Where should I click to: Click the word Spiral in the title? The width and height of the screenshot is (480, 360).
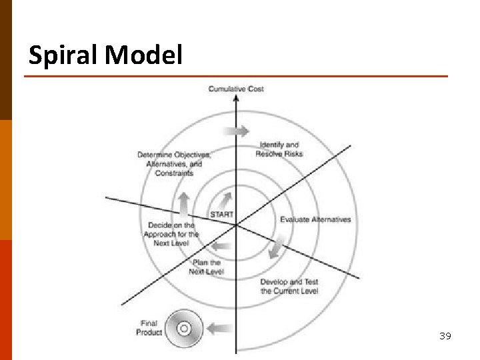(x=63, y=55)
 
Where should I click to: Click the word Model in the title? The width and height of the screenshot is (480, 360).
(x=143, y=55)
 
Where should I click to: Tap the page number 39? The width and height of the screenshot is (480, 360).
(x=445, y=336)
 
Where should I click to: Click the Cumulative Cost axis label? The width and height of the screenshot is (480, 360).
(x=236, y=89)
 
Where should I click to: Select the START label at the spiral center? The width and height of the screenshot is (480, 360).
(x=222, y=215)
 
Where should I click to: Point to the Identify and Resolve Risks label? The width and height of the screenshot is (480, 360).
(x=279, y=149)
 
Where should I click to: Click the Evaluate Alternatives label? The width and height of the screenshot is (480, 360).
(x=315, y=219)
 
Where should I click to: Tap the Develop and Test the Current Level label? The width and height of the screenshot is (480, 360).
(x=289, y=286)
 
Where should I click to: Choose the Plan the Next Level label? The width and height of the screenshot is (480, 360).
(x=206, y=267)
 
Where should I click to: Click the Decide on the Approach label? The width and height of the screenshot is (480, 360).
(x=171, y=234)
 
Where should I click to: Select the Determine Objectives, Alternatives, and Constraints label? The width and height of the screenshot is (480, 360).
(x=174, y=164)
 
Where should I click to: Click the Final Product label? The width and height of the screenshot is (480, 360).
(x=149, y=328)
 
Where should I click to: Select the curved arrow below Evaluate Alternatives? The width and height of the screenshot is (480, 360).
(x=274, y=249)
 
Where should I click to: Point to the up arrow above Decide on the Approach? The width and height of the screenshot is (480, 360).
(x=185, y=201)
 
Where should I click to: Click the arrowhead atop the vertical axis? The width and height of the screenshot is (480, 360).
(x=235, y=99)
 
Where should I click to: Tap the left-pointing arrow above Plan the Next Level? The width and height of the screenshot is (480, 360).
(x=221, y=247)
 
